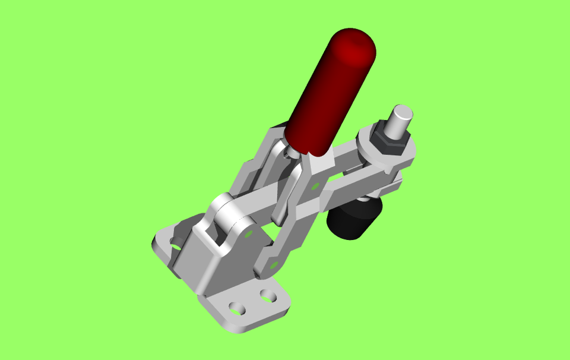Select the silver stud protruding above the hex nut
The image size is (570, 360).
tap(398, 122)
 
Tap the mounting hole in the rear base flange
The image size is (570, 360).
tap(176, 242)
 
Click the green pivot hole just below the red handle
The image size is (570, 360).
tap(315, 186)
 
